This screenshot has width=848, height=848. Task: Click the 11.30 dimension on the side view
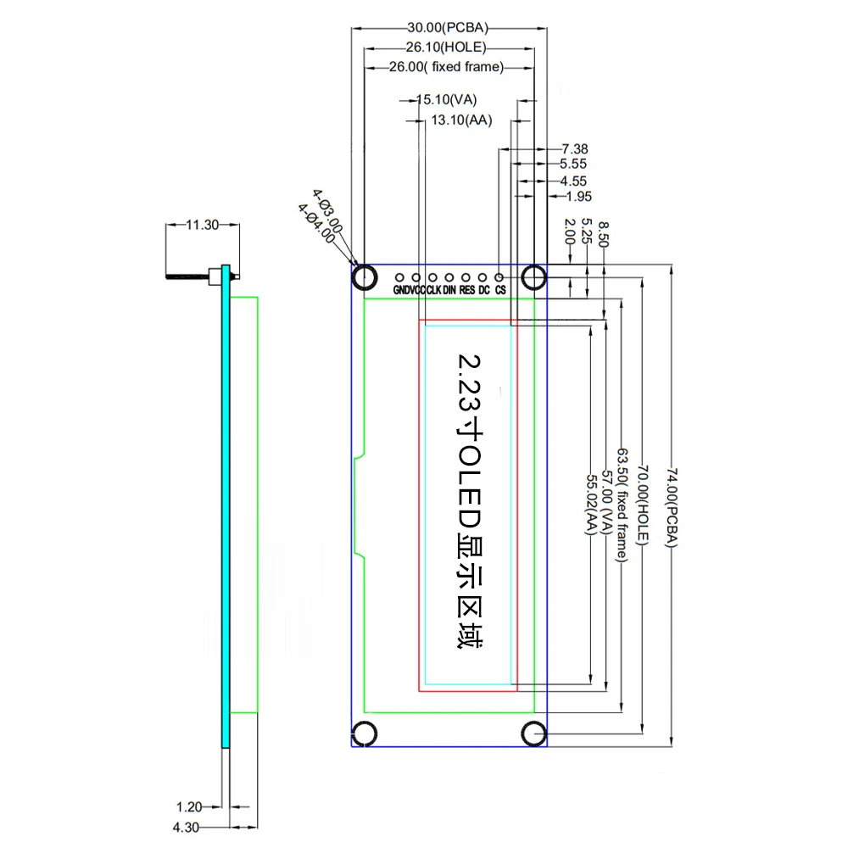[202, 225]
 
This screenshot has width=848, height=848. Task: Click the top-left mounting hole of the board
[365, 276]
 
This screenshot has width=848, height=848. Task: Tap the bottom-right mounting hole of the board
[534, 733]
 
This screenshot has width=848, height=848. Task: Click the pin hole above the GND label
[399, 276]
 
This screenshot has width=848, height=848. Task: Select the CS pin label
[501, 290]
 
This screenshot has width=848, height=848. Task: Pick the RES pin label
[467, 290]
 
